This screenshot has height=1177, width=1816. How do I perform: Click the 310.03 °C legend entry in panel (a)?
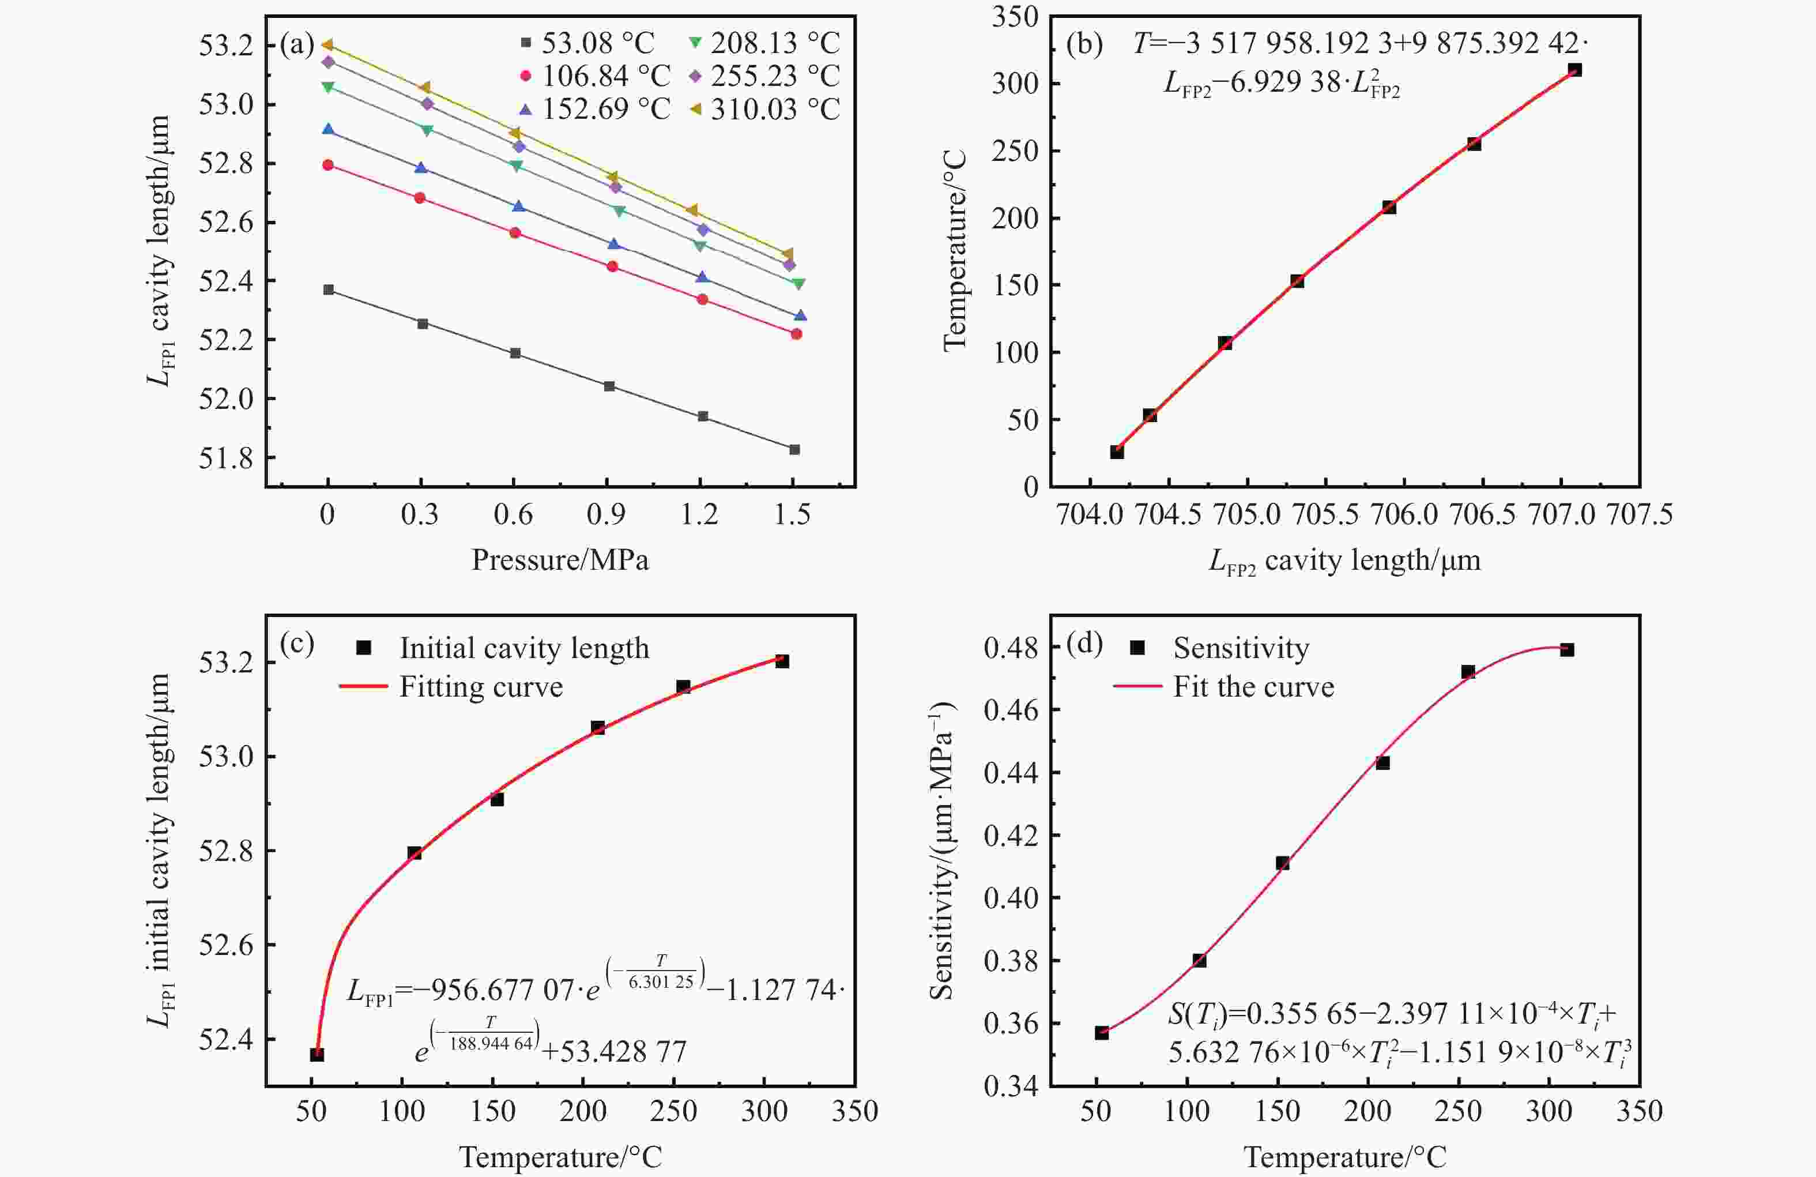[774, 109]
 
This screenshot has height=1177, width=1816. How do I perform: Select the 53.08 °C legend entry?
[597, 43]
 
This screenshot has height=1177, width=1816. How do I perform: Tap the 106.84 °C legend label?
[606, 76]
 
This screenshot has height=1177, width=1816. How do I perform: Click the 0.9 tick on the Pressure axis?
[606, 514]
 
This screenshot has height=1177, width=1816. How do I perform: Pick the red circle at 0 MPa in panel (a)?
[328, 165]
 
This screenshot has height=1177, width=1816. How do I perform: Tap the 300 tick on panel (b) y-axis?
[1015, 83]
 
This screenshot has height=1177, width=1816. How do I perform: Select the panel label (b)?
[1083, 45]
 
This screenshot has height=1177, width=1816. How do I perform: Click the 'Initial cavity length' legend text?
[524, 648]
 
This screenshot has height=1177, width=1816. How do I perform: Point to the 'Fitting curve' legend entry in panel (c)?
[481, 687]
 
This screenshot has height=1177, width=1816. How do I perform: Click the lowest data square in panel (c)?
[317, 1054]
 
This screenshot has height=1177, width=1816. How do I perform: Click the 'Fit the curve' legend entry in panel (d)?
[1253, 687]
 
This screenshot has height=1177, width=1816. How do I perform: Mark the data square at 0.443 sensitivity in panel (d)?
[1382, 762]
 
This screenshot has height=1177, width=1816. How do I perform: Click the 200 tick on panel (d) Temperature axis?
[1367, 1111]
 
